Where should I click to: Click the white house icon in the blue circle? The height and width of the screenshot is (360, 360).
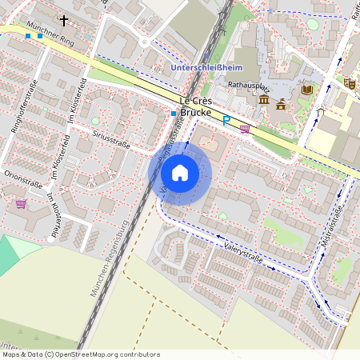coord(180,172)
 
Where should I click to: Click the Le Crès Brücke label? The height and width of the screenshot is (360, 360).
coord(196,107)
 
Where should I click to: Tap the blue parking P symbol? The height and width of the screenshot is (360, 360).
coord(227,120)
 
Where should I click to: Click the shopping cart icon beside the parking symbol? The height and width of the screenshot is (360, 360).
coord(245,127)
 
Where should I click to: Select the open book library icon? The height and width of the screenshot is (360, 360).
coord(307,90)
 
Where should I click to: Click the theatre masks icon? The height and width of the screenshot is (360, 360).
coord(350,82)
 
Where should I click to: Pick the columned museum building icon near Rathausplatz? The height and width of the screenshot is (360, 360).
coord(264,99)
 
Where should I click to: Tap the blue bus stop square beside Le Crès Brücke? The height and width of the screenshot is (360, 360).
coord(173,114)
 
